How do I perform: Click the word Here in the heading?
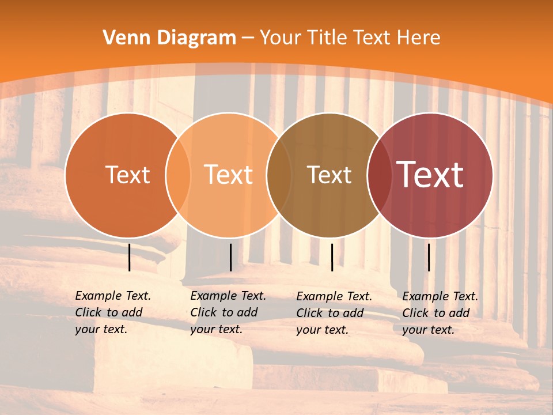click(419, 38)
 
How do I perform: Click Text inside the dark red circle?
click(430, 174)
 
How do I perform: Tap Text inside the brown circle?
click(329, 175)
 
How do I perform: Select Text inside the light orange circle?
click(229, 175)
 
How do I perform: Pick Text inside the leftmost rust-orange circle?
click(127, 175)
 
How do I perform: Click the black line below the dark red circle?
click(429, 257)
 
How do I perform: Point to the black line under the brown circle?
click(332, 257)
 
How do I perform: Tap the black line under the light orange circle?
click(230, 257)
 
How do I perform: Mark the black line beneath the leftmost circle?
click(129, 257)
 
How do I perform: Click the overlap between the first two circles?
click(178, 175)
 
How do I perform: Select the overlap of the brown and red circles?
click(378, 175)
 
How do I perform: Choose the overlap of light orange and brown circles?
click(279, 175)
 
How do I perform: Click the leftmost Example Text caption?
click(113, 312)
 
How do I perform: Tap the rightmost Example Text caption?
click(440, 313)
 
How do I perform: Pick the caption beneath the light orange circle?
click(228, 312)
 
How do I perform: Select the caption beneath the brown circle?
click(334, 313)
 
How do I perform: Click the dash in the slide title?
click(248, 39)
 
